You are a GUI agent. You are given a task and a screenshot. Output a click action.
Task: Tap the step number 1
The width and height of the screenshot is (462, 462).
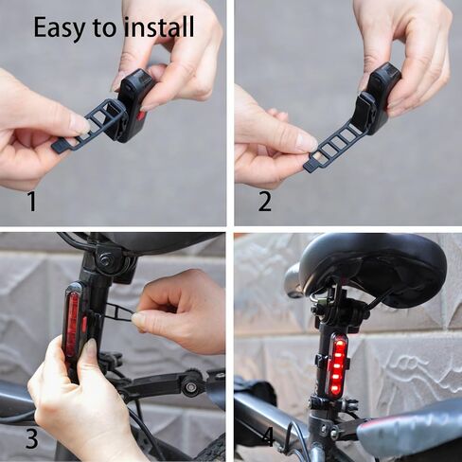click(x=31, y=202)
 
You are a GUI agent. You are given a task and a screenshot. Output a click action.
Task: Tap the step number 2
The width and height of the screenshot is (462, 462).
click(x=264, y=202)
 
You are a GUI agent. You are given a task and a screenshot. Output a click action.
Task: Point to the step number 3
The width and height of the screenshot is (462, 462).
click(x=31, y=439)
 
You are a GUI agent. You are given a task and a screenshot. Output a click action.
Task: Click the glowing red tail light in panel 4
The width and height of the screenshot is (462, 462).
click(x=336, y=364)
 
